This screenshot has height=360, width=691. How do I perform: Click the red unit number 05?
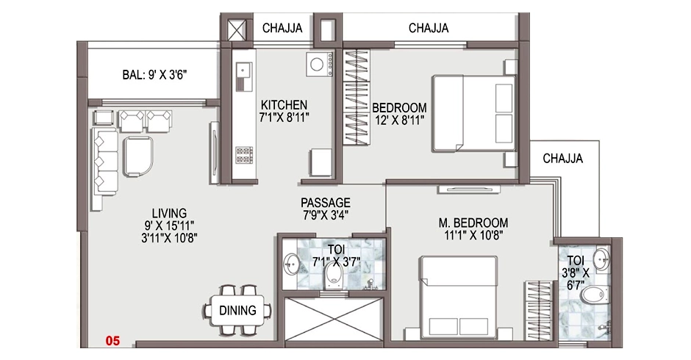coord(112,341)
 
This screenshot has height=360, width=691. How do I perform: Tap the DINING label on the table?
coord(237,310)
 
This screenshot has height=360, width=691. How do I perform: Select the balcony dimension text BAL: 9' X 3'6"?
coord(154,75)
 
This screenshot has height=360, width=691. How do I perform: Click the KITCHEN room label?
coord(284,105)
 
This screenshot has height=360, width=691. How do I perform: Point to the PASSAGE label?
coord(326,203)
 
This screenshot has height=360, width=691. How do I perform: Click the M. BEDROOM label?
coord(473,223)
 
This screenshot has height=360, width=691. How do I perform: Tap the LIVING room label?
coord(169,213)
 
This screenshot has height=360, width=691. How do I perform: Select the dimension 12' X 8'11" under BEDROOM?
coord(399,120)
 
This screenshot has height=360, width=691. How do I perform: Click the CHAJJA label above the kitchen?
coord(282,28)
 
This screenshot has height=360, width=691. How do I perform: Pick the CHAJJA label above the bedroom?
coord(429,28)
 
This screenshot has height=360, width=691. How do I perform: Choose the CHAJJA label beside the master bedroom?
coord(563,159)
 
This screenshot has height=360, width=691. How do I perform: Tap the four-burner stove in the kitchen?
coord(244,155)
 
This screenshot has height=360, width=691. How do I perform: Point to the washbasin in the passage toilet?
coord(290,264)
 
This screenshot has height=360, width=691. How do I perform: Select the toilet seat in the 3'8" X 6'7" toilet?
coord(593,295)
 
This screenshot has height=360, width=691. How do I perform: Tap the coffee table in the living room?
coord(138,156)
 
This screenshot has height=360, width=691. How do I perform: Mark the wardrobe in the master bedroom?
coord(537,311)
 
